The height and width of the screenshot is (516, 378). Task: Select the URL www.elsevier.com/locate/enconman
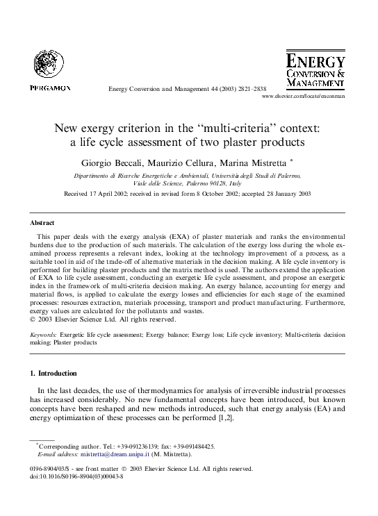coord(303,98)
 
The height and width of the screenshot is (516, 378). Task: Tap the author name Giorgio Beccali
coord(116,162)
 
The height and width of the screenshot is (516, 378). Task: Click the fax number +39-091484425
coord(192,446)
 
